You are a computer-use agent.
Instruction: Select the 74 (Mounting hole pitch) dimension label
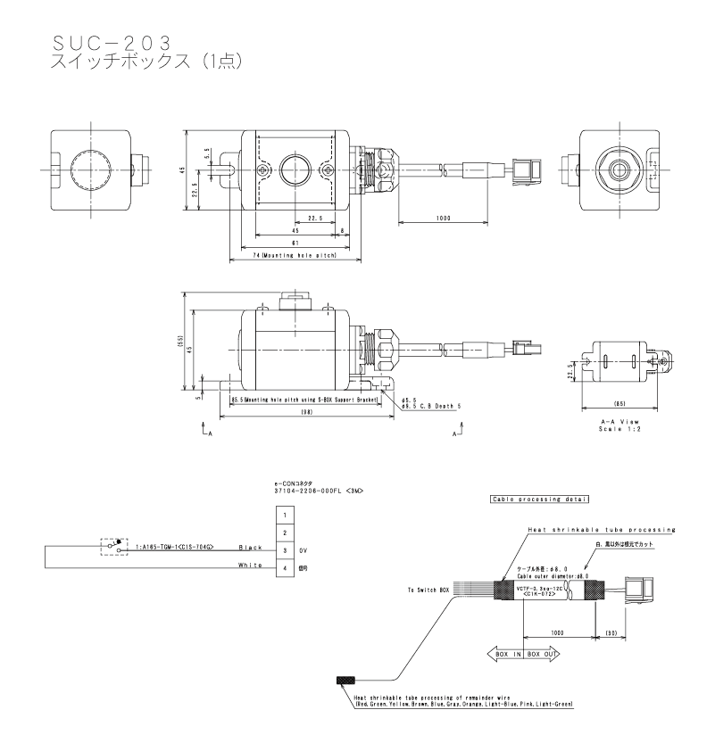point(294,254)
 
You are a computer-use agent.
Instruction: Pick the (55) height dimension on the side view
point(180,340)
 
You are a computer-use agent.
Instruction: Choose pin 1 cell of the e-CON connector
point(284,516)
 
